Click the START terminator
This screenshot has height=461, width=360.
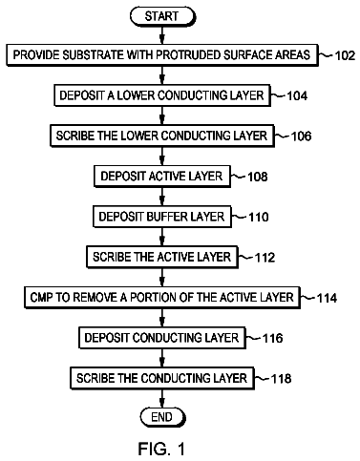coord(161,16)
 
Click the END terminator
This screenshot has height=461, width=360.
coord(162,417)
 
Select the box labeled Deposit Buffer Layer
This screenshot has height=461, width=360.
coord(162,217)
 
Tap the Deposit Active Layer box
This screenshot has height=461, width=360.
coord(162,177)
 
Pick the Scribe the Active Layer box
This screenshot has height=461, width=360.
coord(162,257)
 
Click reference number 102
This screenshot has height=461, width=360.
coord(345,55)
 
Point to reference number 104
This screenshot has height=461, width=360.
coord(297,95)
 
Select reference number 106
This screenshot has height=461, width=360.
coord(301,136)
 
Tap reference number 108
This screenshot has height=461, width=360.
coord(258,177)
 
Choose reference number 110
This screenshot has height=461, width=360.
coord(259,217)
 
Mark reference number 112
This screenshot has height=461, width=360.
coord(265,258)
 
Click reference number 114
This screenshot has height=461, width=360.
coord(327,298)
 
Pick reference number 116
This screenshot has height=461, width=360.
coord(272,338)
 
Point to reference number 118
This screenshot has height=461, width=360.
coord(281,379)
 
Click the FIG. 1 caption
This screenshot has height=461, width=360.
coord(161,449)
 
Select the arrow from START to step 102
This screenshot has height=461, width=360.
coord(162,35)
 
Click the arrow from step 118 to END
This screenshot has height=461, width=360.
coord(162,398)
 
